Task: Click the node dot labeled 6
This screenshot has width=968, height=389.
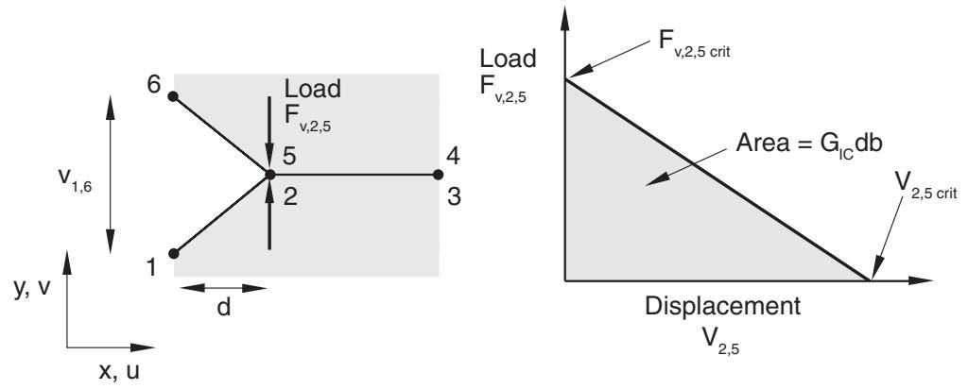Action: click(174, 97)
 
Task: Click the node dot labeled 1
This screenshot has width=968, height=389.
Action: click(174, 253)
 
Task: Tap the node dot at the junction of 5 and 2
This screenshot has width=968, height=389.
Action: click(269, 175)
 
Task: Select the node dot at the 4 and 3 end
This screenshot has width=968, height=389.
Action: click(438, 175)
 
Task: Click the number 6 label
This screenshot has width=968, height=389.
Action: click(154, 84)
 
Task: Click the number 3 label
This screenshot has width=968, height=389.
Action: click(454, 198)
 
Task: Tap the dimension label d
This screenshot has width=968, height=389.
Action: click(223, 307)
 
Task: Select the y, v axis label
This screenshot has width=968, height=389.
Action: click(32, 288)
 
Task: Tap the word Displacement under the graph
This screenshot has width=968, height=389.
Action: click(723, 306)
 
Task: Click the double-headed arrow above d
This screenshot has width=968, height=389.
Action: click(224, 288)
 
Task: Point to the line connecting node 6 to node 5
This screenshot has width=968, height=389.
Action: click(221, 136)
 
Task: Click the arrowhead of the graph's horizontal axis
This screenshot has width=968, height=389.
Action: click(920, 281)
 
